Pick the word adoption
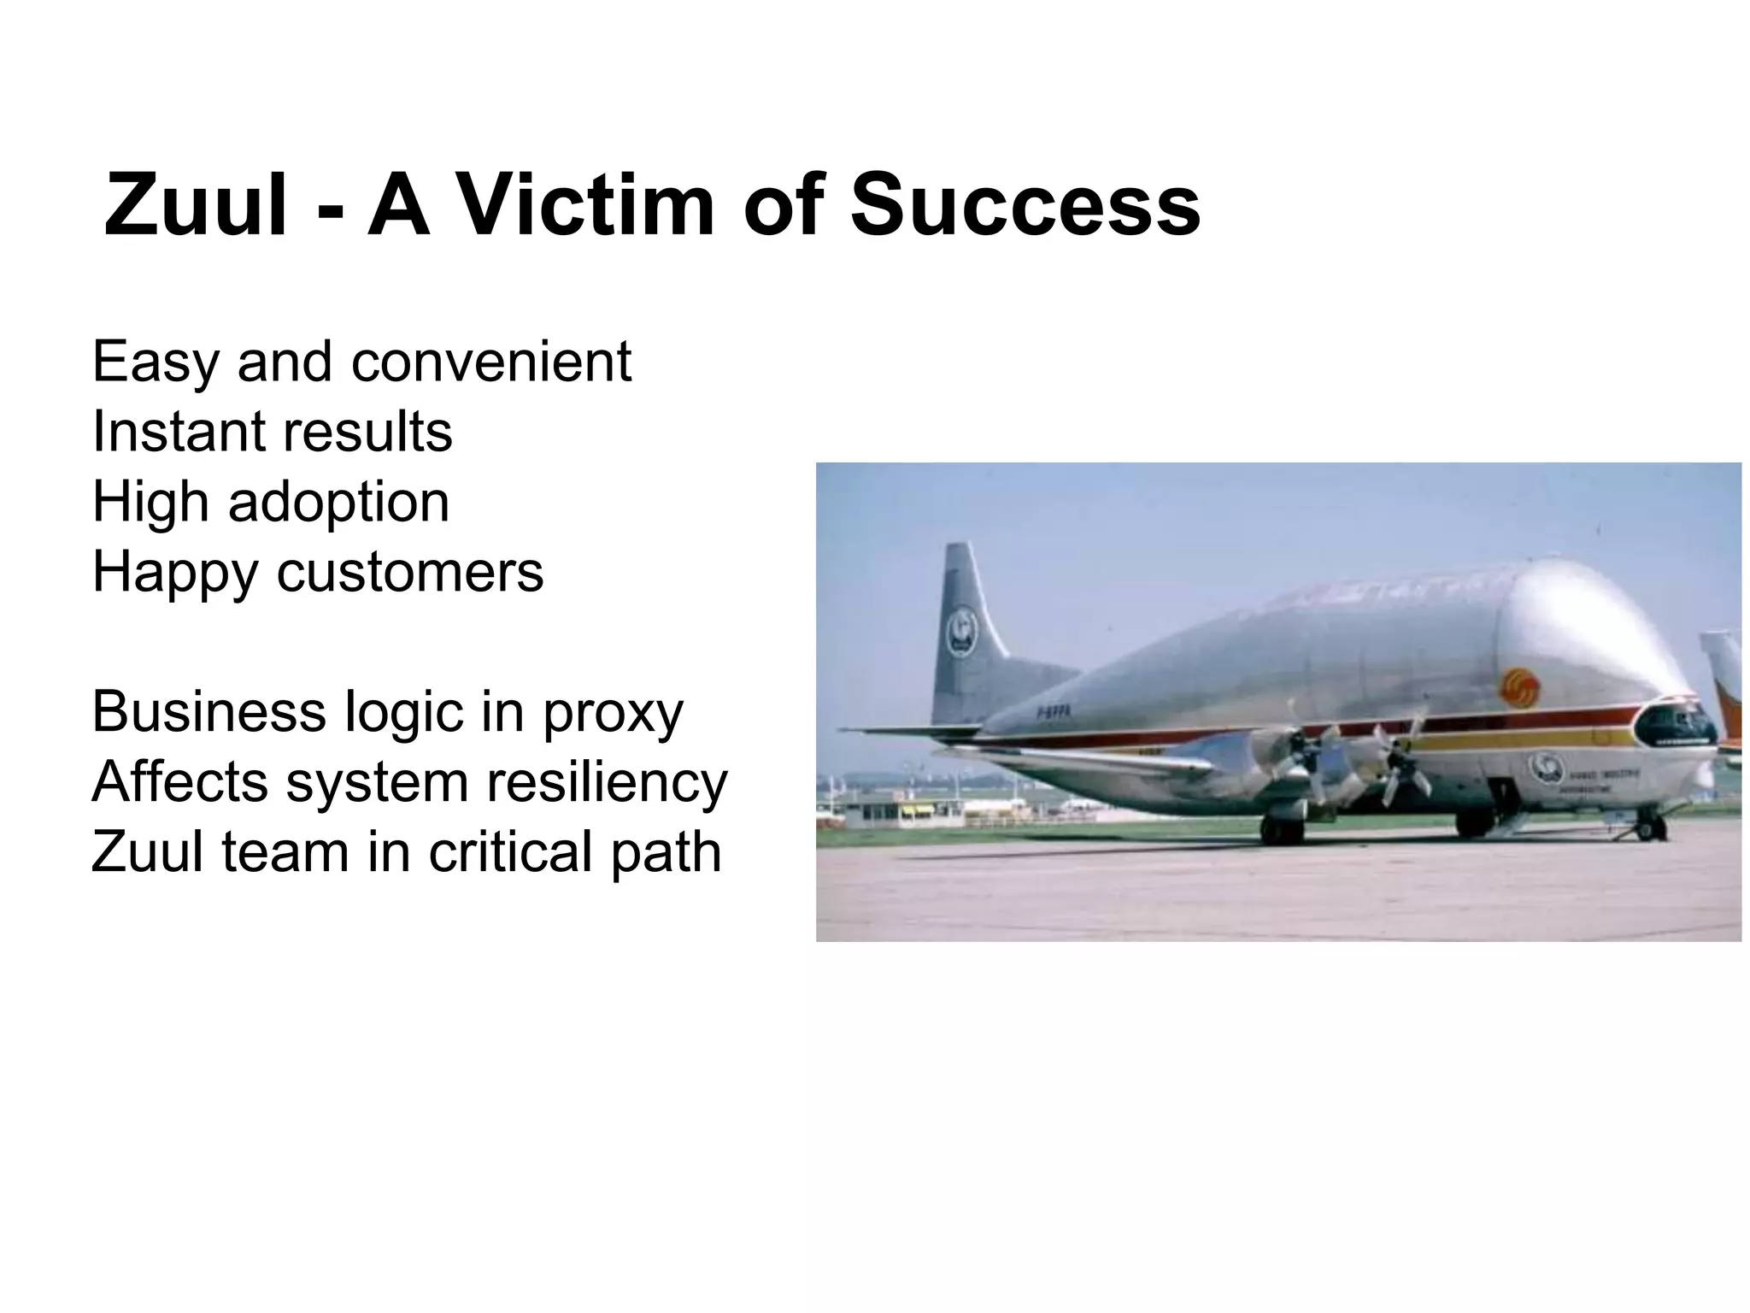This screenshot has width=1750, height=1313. click(338, 503)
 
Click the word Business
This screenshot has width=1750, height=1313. click(208, 712)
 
